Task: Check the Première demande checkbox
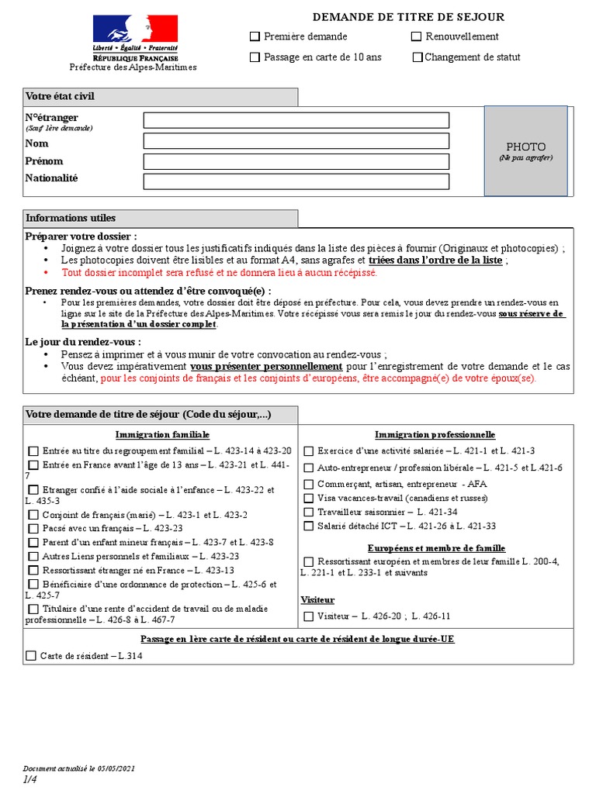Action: coord(255,36)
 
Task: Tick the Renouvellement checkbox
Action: coord(416,36)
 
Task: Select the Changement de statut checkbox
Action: coord(418,57)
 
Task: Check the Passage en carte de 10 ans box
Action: coord(255,57)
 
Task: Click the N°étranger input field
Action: coord(296,120)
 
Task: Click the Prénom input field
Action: coord(296,161)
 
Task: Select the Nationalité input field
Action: coord(296,181)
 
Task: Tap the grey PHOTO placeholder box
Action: coord(525,150)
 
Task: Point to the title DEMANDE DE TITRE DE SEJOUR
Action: coord(408,16)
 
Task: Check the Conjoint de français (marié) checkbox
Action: coord(33,515)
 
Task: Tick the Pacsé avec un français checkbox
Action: coord(33,529)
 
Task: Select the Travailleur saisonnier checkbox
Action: coord(309,513)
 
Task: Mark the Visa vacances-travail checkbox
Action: coord(309,498)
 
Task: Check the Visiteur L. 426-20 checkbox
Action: coord(309,616)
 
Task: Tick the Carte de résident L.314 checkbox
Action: coord(31,656)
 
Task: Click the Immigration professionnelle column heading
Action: coord(435,435)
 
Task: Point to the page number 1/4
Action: coord(29,779)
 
